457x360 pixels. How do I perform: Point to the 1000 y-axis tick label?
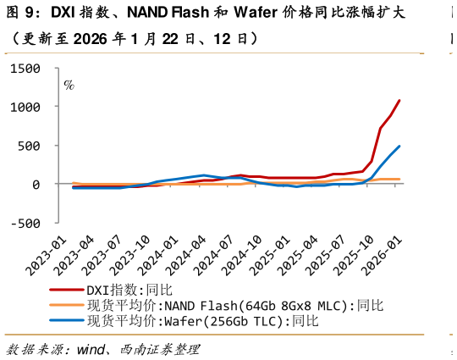point(32,108)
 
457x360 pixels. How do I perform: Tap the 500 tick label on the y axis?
point(37,146)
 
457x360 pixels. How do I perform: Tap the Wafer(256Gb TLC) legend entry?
point(200,321)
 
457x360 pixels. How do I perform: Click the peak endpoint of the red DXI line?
point(399,101)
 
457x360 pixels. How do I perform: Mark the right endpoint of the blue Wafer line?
point(399,146)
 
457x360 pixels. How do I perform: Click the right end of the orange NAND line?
point(399,179)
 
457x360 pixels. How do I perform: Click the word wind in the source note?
point(91,349)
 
